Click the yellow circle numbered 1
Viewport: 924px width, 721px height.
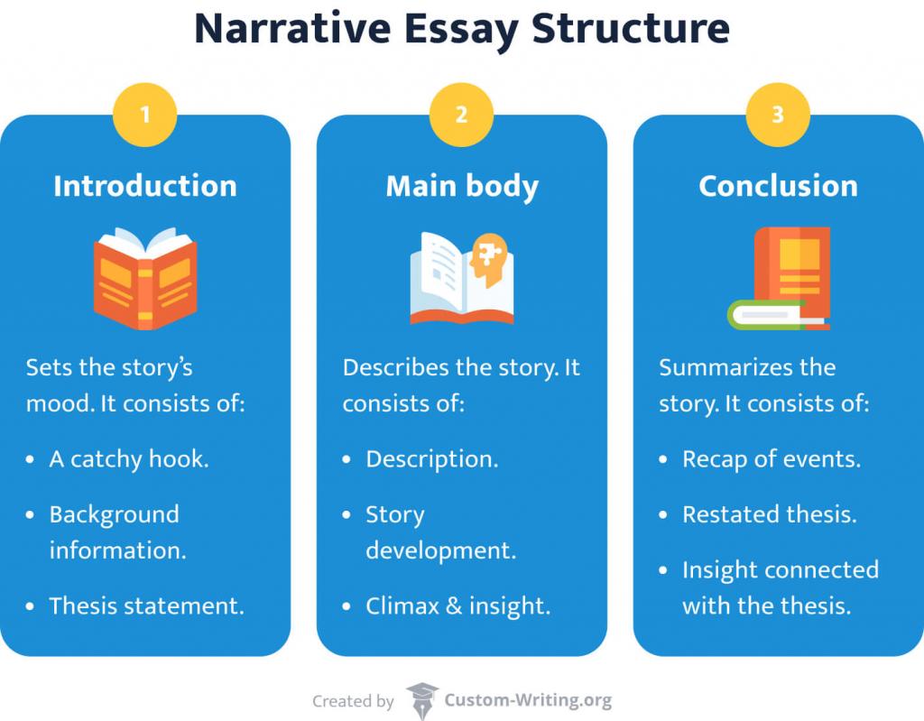[x=145, y=116]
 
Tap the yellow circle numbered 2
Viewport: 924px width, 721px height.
[x=461, y=116]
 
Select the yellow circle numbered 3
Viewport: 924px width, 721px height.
[x=778, y=116]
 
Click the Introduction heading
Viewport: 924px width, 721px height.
[x=145, y=186]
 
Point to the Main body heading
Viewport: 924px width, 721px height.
[x=462, y=186]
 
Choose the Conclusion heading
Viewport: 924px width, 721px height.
[x=778, y=186]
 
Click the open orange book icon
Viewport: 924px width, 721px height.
[x=145, y=278]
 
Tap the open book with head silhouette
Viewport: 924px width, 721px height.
[x=462, y=278]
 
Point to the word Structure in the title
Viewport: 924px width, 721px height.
[x=631, y=29]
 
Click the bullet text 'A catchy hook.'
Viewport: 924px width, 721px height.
[x=128, y=458]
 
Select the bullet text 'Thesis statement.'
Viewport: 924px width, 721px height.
[x=146, y=605]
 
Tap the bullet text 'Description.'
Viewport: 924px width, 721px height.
[x=431, y=458]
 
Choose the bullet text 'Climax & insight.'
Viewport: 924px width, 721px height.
[x=457, y=605]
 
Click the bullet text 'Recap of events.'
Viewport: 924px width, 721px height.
[x=771, y=458]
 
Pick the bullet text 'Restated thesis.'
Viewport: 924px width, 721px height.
[x=769, y=514]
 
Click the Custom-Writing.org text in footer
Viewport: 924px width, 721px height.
[x=528, y=700]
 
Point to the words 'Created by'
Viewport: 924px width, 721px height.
[x=353, y=701]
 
